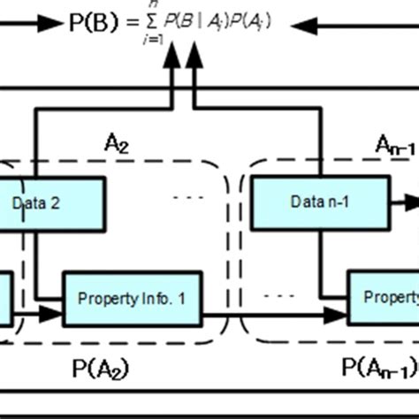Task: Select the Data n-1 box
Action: pyautogui.click(x=320, y=201)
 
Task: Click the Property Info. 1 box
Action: pyautogui.click(x=132, y=299)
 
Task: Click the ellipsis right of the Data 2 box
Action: pyautogui.click(x=188, y=197)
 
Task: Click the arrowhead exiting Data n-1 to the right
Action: pyautogui.click(x=411, y=201)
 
